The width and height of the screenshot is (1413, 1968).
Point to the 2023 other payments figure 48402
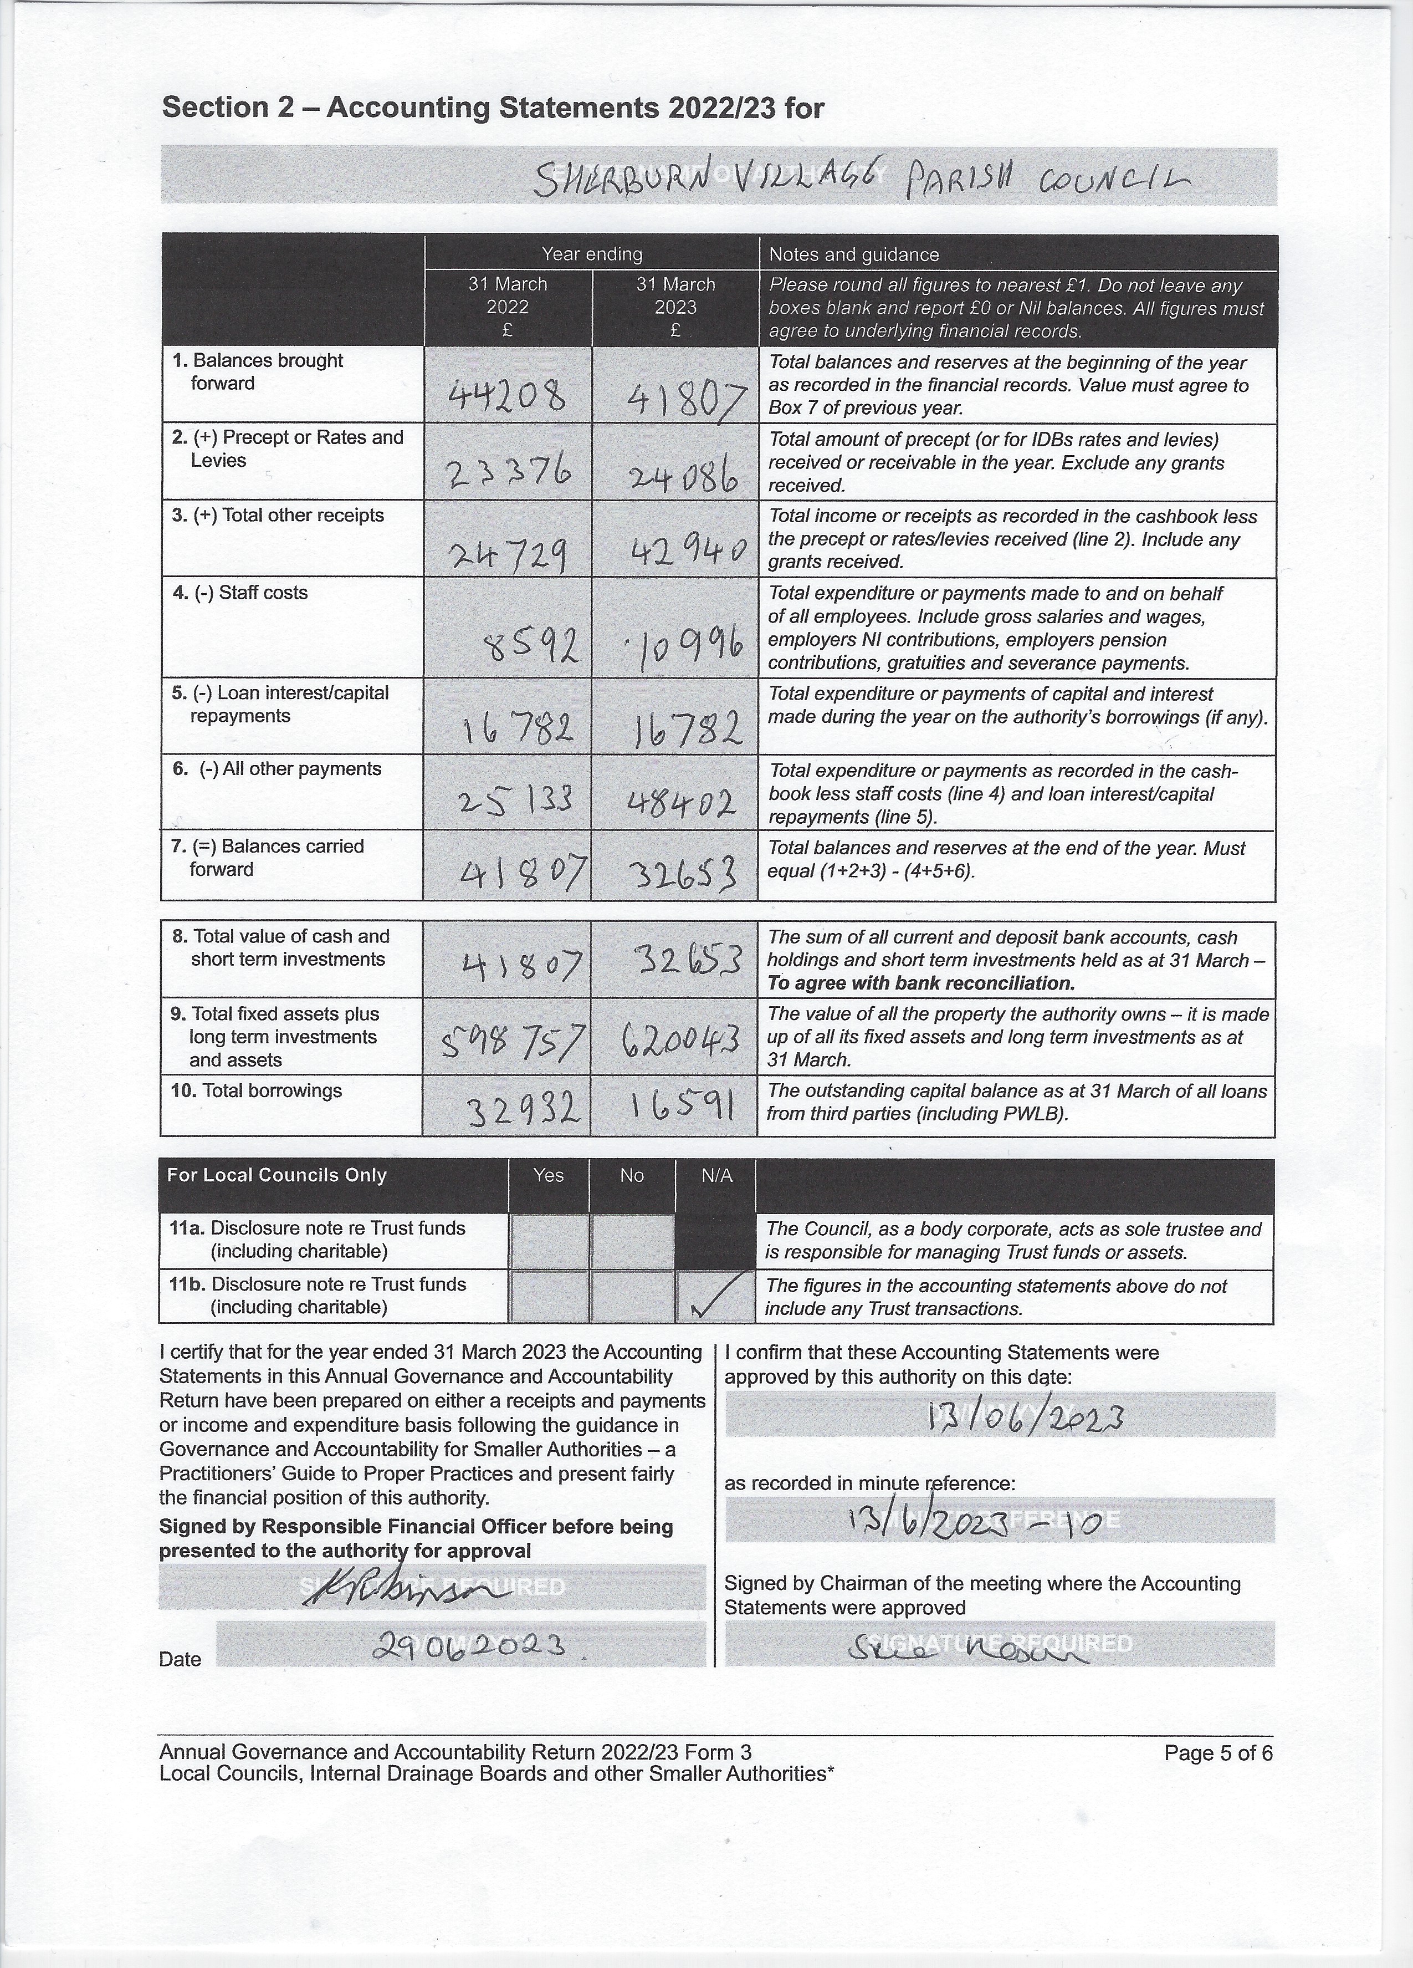tap(682, 803)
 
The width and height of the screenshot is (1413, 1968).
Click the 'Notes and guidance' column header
tap(853, 254)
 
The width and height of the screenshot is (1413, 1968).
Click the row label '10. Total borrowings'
tap(257, 1091)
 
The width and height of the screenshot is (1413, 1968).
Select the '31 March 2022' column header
tap(508, 307)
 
